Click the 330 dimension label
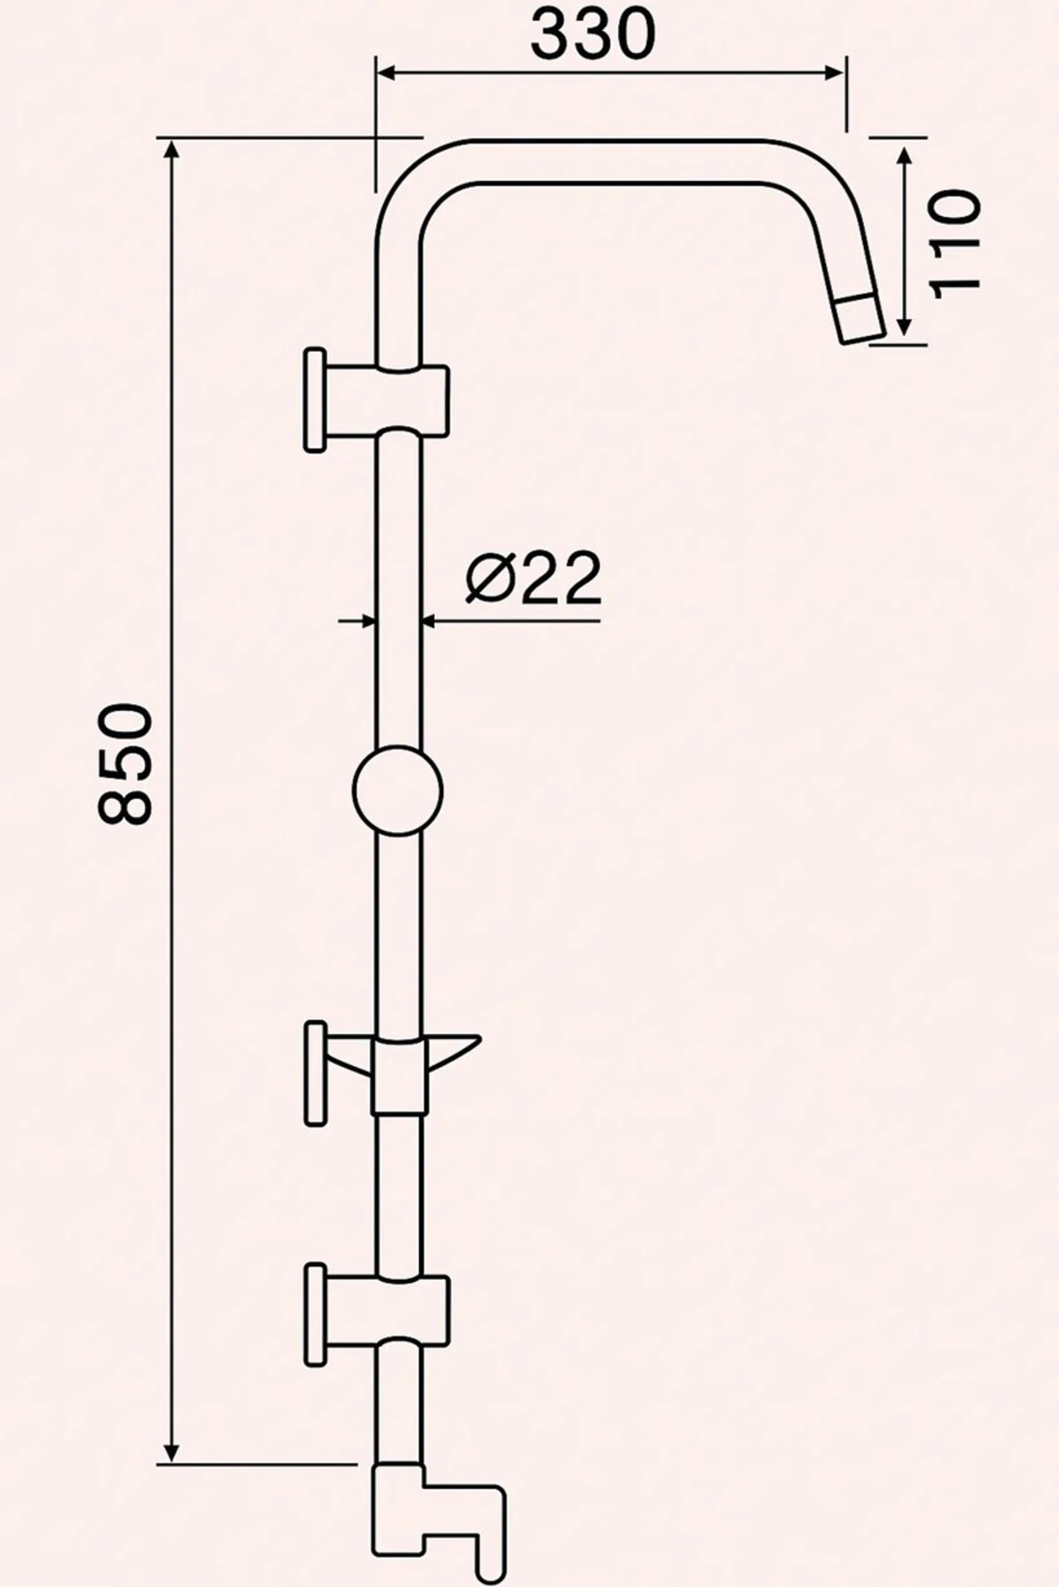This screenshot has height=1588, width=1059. (593, 34)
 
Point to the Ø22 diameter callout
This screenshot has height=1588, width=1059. (532, 580)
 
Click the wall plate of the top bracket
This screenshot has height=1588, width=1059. (313, 401)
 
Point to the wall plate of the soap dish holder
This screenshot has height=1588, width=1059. (313, 1073)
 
